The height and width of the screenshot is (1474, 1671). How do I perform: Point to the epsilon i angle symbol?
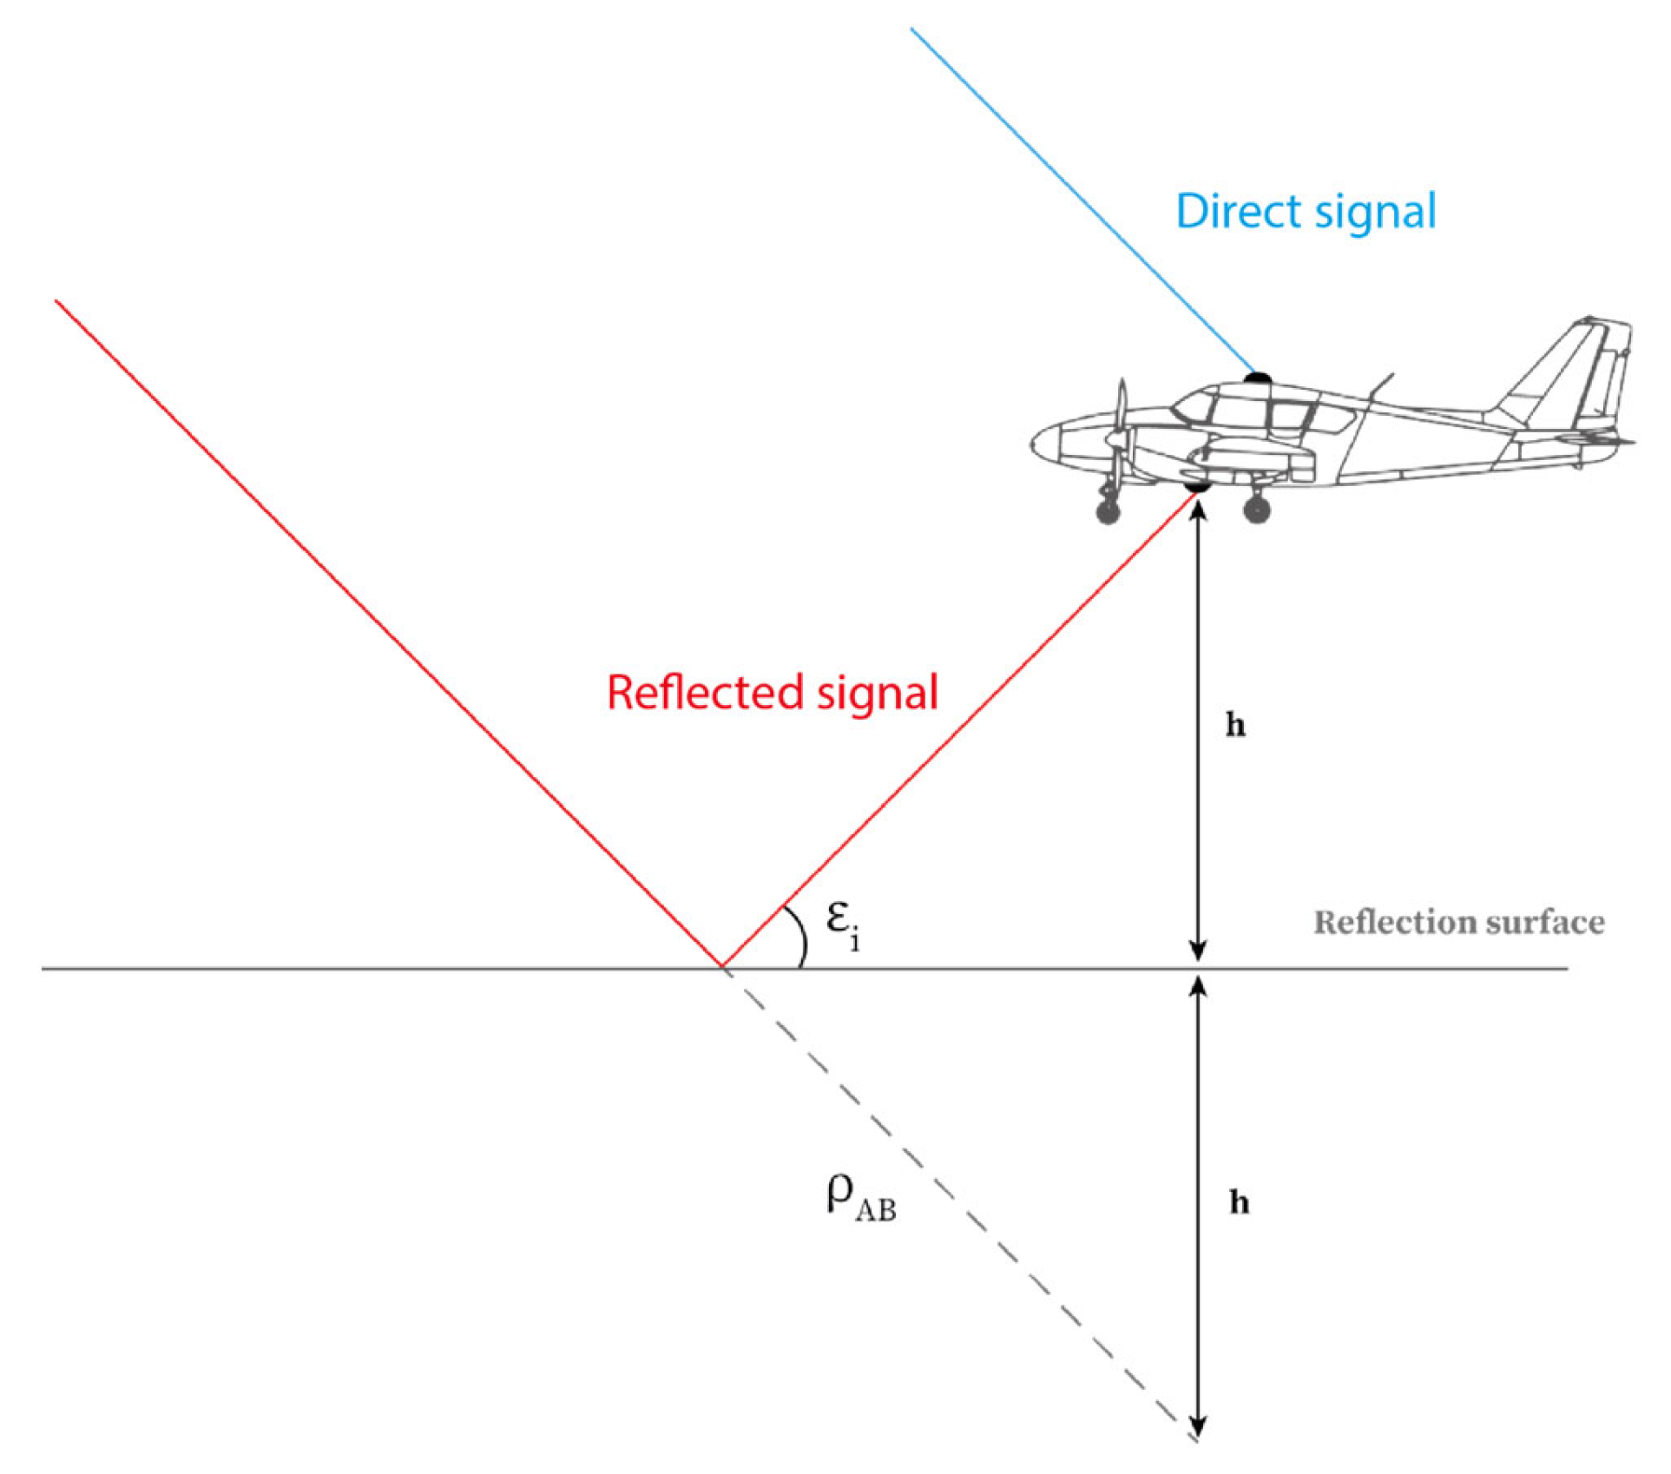842,924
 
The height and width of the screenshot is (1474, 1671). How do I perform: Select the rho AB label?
859,1198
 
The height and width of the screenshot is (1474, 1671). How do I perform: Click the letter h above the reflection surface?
1235,725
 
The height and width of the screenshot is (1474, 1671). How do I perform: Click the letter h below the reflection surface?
1240,1202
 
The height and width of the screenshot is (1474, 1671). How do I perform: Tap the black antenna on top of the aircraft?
1258,378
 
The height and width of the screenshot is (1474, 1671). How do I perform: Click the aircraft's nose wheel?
1108,512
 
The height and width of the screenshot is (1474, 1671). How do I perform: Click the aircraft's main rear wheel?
1257,510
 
